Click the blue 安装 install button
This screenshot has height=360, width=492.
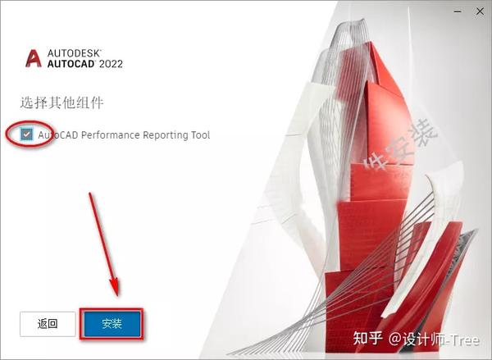112,323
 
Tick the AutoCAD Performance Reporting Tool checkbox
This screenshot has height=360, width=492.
28,134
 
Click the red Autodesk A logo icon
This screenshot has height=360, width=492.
34,58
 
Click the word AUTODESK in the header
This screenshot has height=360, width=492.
71,52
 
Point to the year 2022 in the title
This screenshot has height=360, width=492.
110,64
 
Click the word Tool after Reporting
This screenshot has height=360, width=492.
199,134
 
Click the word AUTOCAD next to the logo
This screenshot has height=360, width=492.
71,64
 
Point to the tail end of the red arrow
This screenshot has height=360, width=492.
90,194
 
